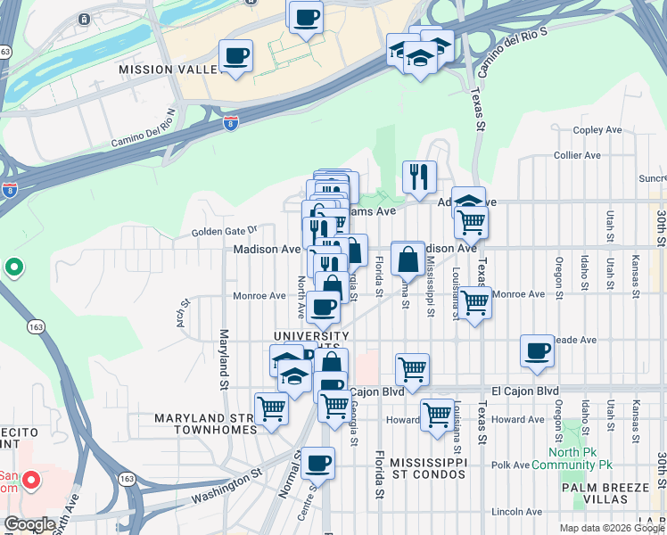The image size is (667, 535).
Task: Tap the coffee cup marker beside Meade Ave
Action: click(537, 350)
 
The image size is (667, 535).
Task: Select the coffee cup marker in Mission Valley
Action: click(236, 56)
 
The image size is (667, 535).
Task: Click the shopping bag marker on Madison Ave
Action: click(408, 259)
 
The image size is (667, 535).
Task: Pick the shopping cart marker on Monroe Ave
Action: click(475, 303)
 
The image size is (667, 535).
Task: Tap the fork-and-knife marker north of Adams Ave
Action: click(418, 177)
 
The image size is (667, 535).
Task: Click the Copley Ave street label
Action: click(597, 130)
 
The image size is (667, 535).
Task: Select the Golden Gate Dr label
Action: click(224, 232)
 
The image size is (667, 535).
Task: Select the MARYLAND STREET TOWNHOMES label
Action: click(204, 423)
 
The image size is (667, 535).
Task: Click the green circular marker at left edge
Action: click(13, 267)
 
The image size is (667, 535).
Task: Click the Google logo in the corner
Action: click(29, 524)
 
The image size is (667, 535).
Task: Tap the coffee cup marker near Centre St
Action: click(317, 463)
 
